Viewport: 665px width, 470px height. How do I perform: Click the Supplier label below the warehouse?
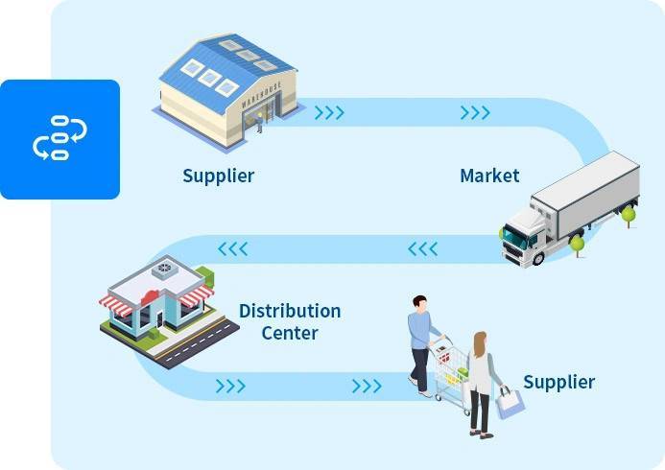click(219, 176)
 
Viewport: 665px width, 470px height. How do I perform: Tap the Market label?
click(489, 176)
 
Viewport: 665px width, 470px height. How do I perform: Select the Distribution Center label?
click(290, 321)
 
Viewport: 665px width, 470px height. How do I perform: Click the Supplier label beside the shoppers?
click(559, 383)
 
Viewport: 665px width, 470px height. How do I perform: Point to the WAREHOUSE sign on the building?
click(261, 95)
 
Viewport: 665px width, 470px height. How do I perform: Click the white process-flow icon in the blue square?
click(59, 138)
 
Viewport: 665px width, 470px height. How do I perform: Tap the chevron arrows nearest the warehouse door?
click(329, 113)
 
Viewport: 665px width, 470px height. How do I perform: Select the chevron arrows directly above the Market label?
click(475, 113)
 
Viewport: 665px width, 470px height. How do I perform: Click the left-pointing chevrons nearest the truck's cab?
click(423, 248)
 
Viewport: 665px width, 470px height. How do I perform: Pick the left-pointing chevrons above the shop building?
click(233, 248)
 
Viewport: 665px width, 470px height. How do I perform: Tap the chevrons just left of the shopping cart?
click(367, 387)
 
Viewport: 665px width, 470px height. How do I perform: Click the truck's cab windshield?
click(514, 238)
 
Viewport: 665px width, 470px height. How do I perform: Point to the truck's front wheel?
click(537, 258)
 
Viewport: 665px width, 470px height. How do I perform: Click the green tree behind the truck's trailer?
click(629, 216)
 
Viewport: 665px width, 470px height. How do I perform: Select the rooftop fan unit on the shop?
click(164, 270)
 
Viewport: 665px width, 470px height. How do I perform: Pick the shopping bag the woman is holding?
click(511, 403)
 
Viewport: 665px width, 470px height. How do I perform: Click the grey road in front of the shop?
click(200, 342)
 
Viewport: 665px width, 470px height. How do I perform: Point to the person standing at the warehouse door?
click(259, 124)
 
